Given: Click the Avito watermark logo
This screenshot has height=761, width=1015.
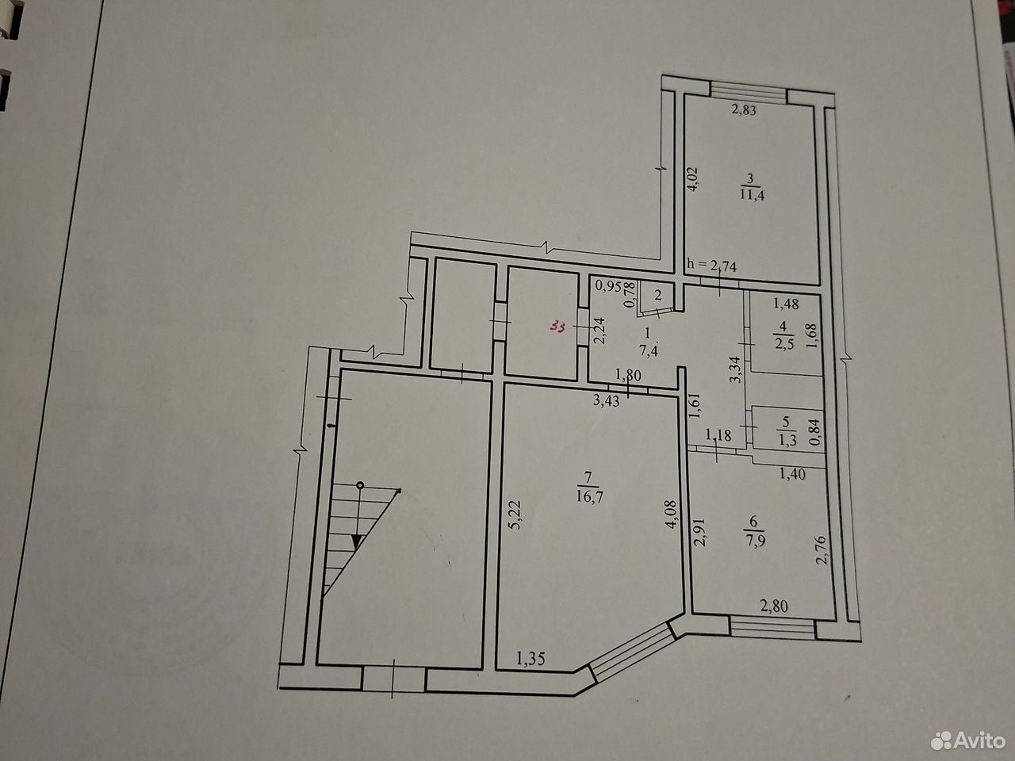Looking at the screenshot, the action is (967, 740).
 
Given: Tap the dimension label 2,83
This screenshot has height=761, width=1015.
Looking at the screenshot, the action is (743, 110).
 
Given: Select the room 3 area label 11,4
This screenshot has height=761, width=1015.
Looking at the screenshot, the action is (753, 194).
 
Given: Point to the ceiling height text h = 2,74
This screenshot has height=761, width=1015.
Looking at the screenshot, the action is (712, 266).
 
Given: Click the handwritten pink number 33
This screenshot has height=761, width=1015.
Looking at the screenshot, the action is (558, 327).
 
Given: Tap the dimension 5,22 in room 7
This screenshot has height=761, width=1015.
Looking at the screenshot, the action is (515, 515).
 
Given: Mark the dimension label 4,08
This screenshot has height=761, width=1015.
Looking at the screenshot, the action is (671, 514).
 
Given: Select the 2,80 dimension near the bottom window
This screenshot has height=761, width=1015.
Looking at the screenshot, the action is (774, 606).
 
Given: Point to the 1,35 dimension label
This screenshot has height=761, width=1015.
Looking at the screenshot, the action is (530, 659).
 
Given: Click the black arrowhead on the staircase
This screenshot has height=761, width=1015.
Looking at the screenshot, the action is (357, 541).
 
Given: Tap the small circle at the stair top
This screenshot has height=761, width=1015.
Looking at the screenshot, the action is (360, 485).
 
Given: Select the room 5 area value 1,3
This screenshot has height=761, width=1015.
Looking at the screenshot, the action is (787, 440).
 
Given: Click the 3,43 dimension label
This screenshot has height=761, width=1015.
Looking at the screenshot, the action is (607, 400).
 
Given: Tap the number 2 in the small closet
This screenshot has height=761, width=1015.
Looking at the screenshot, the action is (658, 295).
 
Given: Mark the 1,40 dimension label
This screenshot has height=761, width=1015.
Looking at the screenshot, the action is (793, 474).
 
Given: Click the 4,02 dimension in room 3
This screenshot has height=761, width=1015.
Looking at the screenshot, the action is (692, 179).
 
